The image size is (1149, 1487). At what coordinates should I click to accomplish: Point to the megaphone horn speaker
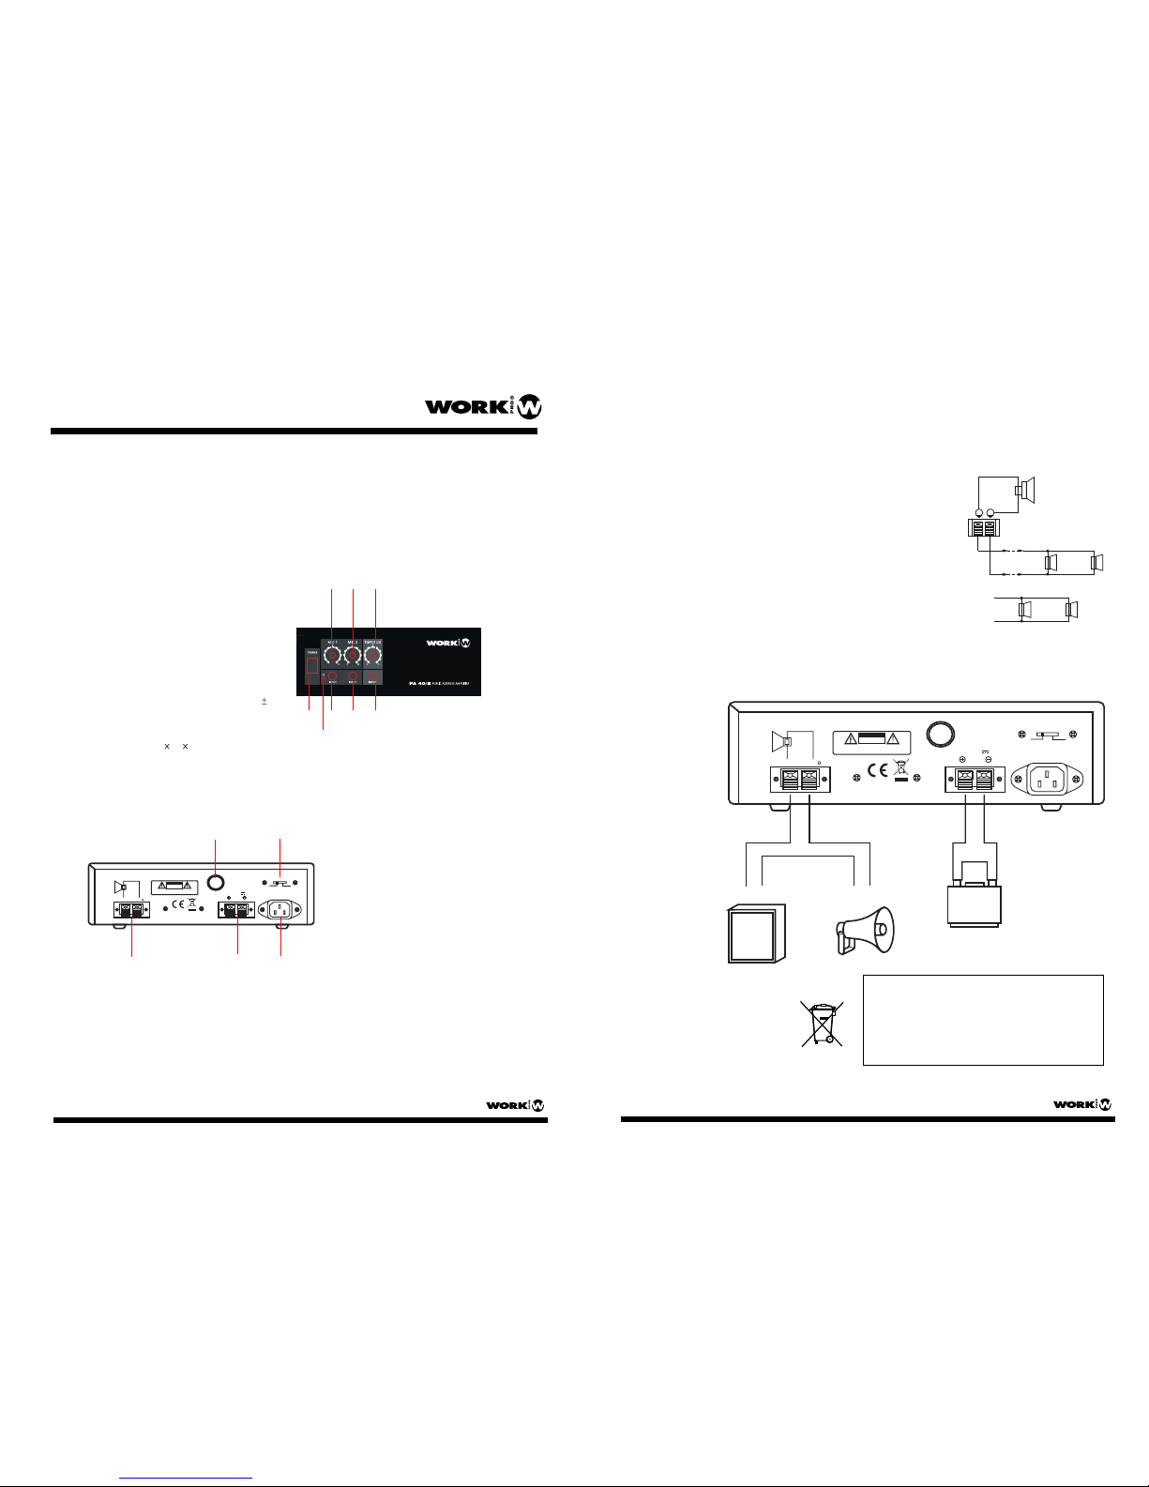[864, 931]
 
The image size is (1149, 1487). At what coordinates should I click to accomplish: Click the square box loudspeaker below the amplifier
[757, 933]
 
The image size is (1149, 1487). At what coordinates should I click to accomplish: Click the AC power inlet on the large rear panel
[1056, 779]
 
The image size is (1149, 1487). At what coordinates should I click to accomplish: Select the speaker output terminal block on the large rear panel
[800, 780]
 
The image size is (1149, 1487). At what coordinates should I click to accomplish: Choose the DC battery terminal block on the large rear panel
[975, 780]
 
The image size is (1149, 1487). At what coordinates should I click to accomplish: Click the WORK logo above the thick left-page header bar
[483, 406]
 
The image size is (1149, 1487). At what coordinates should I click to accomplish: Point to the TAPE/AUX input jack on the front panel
[373, 677]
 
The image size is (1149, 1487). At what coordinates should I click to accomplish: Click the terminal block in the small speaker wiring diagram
[984, 529]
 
